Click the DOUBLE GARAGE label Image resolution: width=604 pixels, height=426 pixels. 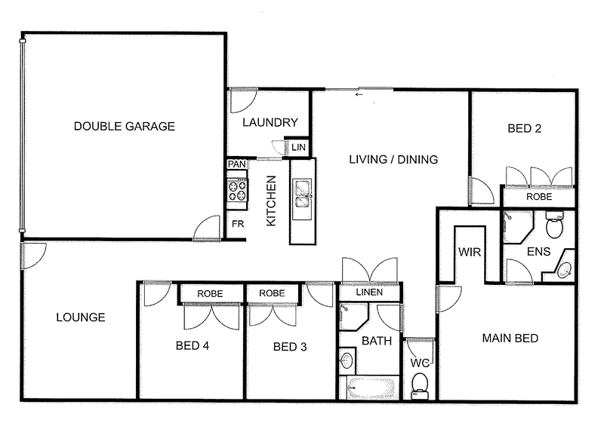click(125, 127)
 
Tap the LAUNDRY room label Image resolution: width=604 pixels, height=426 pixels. click(270, 123)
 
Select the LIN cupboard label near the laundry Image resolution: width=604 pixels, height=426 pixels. click(298, 149)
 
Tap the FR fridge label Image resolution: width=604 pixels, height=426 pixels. click(237, 224)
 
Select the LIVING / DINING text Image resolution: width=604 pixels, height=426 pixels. click(393, 159)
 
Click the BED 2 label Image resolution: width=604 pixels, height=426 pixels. click(524, 129)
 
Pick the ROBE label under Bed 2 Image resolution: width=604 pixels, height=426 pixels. click(539, 197)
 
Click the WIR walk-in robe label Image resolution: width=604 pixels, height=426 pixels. click(470, 252)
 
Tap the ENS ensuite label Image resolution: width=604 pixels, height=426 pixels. click(538, 252)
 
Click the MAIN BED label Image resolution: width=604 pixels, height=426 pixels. click(510, 339)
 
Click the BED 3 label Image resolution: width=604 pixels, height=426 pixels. click(290, 347)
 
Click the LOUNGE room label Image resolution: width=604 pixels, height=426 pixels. click(81, 317)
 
